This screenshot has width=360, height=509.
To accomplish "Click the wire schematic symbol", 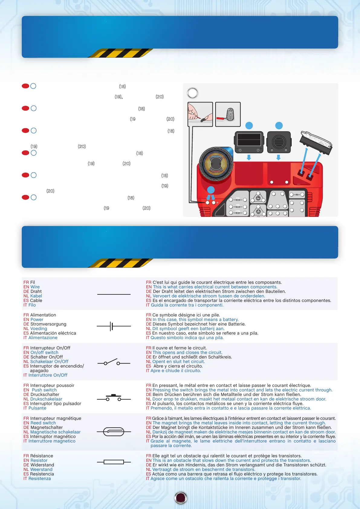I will click(114, 294).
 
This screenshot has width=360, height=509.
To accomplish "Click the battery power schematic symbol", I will click(113, 326).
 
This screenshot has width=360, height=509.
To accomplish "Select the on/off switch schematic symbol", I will click(114, 362).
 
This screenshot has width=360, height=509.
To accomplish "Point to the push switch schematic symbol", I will click(114, 398).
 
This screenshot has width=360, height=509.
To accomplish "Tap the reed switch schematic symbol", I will click(114, 432).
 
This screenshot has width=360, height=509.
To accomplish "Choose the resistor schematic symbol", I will click(114, 462).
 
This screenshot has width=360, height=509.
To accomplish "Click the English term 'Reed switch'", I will click(43, 423).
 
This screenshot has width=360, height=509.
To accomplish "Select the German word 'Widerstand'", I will click(42, 465).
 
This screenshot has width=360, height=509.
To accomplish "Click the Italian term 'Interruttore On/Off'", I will click(48, 375).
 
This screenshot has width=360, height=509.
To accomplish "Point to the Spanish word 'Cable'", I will click(36, 300).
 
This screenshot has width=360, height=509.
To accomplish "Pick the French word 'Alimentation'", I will click(43, 315).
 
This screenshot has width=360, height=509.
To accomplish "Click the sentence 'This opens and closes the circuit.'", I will click(187, 352).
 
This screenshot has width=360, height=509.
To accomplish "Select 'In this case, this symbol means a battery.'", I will click(195, 319).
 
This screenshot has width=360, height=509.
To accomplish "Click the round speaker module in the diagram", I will click(279, 142).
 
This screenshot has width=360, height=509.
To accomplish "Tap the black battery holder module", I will click(249, 142).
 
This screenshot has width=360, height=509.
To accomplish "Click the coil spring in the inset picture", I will click(230, 114).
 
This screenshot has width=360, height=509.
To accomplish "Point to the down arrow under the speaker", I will click(279, 157).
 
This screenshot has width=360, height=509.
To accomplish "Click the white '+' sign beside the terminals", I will click(217, 203).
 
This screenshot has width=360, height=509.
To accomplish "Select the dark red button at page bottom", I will click(181, 498).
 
